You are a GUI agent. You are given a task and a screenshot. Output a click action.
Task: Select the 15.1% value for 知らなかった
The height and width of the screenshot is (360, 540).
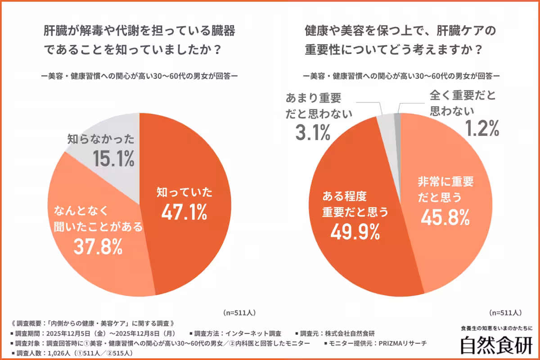coord(114,158)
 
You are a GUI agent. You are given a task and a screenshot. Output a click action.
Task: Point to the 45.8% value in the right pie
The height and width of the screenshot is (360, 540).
coord(445,217)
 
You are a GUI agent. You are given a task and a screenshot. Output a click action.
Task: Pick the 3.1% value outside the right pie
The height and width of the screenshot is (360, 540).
coord(313,133)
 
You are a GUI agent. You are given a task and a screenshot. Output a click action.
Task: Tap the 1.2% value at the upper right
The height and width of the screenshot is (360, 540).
coord(481,129)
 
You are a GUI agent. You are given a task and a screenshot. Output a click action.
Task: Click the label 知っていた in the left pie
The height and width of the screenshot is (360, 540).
coord(184,192)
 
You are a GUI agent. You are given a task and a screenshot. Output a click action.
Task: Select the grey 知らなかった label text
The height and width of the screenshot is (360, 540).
coord(101,139)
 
